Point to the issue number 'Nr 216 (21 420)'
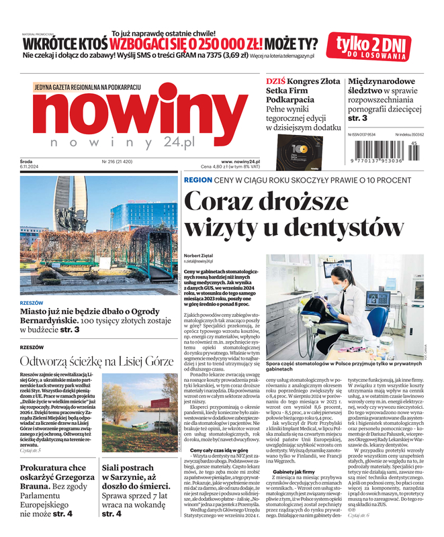118,162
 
